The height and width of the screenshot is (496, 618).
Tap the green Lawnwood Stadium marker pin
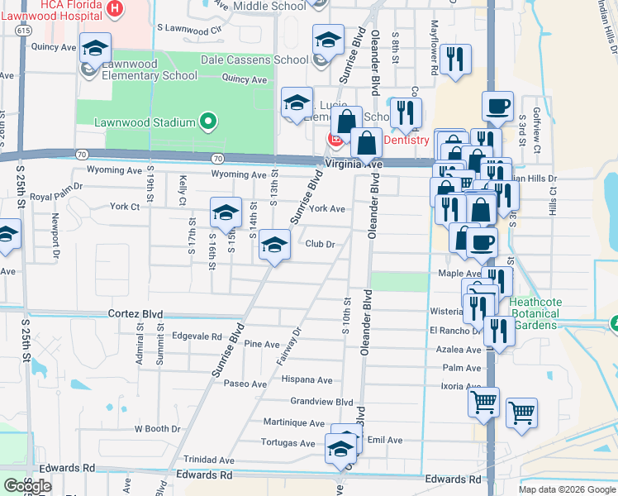tap(208, 122)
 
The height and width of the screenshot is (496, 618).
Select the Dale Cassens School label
tap(255, 60)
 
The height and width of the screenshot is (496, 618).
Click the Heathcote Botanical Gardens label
tap(535, 313)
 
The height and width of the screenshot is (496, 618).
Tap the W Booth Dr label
tap(151, 428)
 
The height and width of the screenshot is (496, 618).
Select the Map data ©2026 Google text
tap(567, 489)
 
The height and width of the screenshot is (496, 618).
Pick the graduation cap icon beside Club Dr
tap(274, 245)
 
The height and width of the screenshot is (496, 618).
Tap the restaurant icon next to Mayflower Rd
tap(454, 60)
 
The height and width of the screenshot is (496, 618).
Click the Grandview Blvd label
tap(321, 401)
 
